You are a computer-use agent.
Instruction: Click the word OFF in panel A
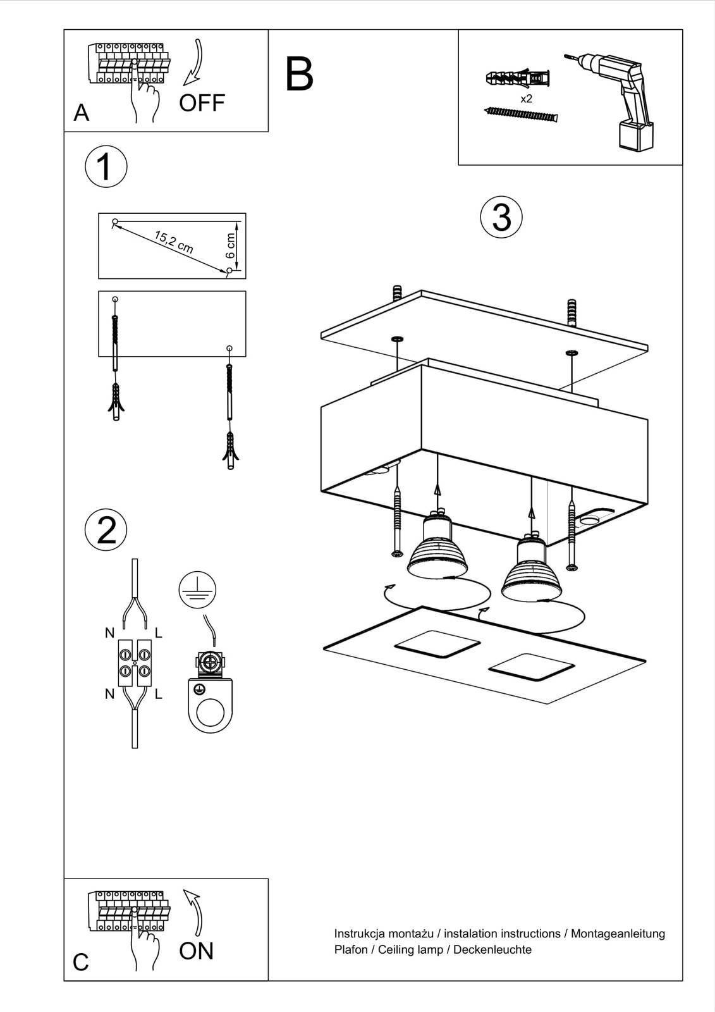202,102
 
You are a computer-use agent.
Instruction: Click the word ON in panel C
196,951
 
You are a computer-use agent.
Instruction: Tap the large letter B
299,75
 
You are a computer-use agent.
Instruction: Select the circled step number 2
106,530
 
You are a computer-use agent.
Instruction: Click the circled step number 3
501,218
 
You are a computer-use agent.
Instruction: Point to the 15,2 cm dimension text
173,242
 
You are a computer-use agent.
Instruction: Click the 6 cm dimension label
230,245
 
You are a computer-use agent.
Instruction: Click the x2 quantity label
526,99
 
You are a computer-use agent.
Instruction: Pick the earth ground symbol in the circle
197,589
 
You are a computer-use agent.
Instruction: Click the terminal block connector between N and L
135,662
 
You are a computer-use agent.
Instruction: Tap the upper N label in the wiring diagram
110,632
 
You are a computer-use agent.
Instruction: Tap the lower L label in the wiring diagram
158,694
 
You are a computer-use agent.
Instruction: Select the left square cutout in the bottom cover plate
436,644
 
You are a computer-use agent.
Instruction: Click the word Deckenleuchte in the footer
492,949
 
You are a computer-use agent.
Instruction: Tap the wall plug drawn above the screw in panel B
518,80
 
